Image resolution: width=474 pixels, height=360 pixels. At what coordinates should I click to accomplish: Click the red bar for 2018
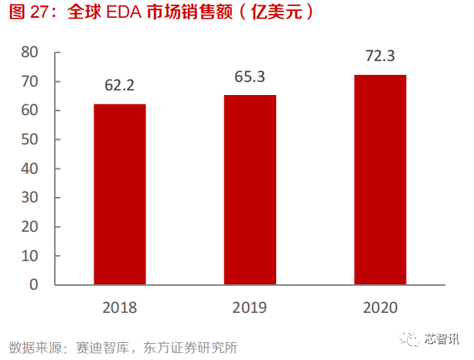point(120,194)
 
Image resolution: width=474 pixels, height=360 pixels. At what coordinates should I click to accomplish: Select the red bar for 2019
point(250,189)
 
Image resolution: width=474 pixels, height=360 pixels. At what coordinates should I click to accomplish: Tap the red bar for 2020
point(380,179)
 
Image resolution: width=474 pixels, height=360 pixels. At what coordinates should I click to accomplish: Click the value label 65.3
point(250,76)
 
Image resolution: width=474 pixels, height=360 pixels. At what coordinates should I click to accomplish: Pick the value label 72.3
point(380,56)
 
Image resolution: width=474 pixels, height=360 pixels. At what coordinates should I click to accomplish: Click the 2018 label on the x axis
point(120,307)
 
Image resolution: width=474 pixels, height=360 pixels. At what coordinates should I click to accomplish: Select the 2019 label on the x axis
point(250,307)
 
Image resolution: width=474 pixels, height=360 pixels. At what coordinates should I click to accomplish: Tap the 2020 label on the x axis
point(380,307)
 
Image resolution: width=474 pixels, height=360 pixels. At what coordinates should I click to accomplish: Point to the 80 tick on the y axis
point(30,53)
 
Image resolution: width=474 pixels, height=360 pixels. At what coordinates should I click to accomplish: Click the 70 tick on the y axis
point(30,82)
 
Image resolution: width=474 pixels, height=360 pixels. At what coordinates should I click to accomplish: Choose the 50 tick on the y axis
point(30,140)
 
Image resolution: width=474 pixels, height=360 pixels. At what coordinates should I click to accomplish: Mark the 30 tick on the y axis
point(30,198)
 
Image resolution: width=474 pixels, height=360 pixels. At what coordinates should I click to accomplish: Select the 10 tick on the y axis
point(30,256)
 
